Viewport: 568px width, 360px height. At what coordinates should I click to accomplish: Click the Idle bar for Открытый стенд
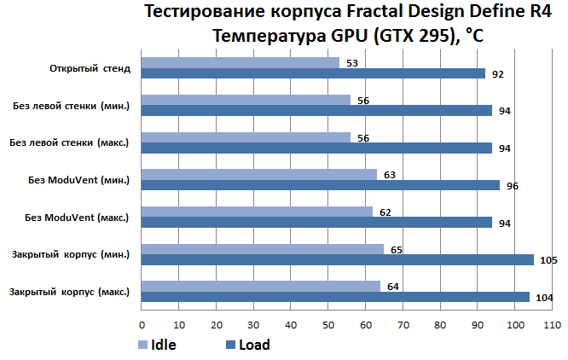click(x=241, y=62)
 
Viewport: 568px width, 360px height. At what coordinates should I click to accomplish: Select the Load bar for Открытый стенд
click(x=313, y=73)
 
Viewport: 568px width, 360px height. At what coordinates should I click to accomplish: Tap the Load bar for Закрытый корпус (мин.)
click(x=337, y=259)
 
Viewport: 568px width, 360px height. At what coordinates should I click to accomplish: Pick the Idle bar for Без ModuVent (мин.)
click(x=259, y=174)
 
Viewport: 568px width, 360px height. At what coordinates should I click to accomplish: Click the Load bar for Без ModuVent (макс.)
click(x=317, y=223)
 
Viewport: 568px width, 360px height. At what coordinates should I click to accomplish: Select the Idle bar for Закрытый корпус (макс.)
click(x=261, y=286)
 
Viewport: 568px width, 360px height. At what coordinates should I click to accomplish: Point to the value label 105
click(x=548, y=260)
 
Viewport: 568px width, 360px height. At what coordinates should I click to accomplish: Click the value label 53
click(x=352, y=63)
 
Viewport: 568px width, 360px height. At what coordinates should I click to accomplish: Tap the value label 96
click(x=513, y=186)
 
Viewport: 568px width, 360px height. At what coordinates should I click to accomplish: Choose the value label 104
click(x=544, y=298)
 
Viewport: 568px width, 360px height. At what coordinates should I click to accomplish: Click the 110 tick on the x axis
click(x=552, y=325)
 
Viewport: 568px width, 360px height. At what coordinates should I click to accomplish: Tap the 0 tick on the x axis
click(x=142, y=325)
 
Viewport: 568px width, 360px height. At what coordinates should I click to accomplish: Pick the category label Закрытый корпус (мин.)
click(x=71, y=254)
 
